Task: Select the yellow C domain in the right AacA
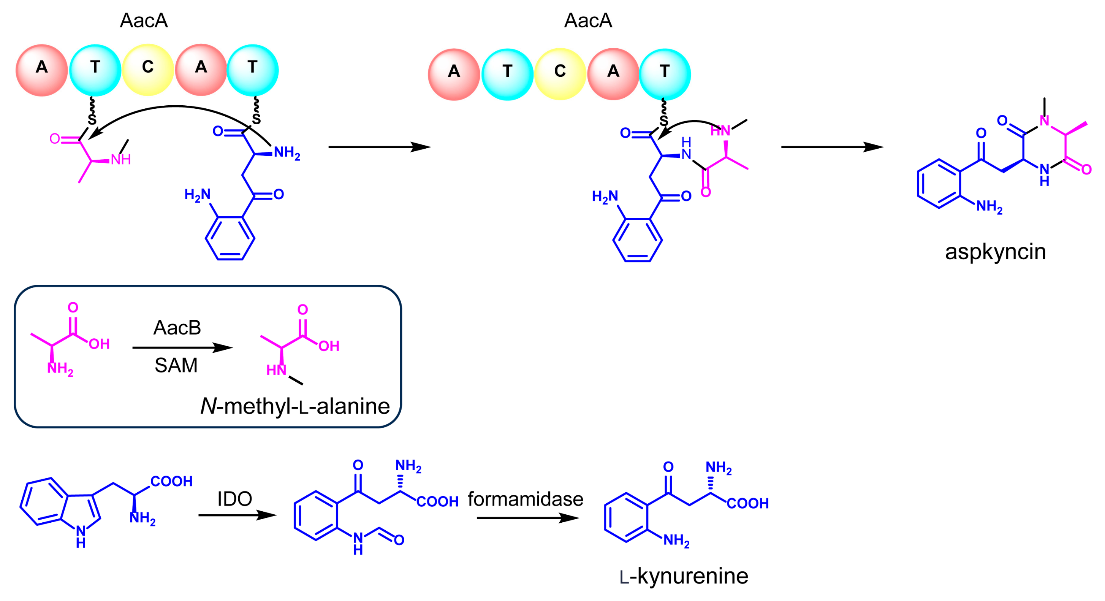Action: (560, 74)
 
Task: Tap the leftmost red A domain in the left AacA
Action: (42, 70)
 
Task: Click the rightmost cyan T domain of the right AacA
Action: (665, 74)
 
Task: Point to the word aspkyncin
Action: (995, 252)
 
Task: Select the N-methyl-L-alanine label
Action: (295, 406)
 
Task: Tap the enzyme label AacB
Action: (177, 328)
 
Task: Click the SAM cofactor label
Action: (176, 365)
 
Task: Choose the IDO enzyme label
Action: (234, 498)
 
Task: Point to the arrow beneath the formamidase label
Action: (528, 518)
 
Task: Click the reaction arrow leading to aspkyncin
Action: (832, 147)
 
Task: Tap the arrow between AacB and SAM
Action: (183, 347)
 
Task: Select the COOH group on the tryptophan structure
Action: (171, 481)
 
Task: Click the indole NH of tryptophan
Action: (81, 537)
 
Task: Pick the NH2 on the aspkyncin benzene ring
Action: (989, 207)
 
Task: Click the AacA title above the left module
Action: (144, 20)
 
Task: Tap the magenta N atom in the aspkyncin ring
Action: (1044, 121)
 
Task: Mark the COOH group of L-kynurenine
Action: (748, 503)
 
